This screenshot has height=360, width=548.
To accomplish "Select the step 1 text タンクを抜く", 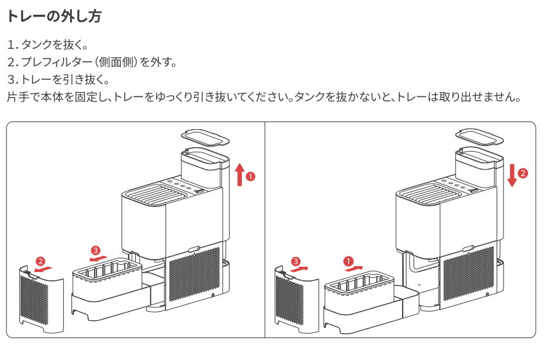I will pos(55,45).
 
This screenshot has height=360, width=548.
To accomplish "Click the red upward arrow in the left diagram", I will pos(239,174).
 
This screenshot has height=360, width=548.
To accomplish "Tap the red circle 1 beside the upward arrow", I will pos(251,175).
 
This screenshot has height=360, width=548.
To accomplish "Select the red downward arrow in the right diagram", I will pos(512,174).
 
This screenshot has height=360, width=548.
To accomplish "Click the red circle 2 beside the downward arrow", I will pos(523,173).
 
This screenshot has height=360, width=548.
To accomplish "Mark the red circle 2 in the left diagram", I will pos(40,262).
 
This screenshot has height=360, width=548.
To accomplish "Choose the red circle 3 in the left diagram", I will pos(96,249).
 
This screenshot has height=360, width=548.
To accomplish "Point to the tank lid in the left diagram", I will pos(203,137).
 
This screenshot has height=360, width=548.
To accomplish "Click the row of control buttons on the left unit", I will pos(181,186).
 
